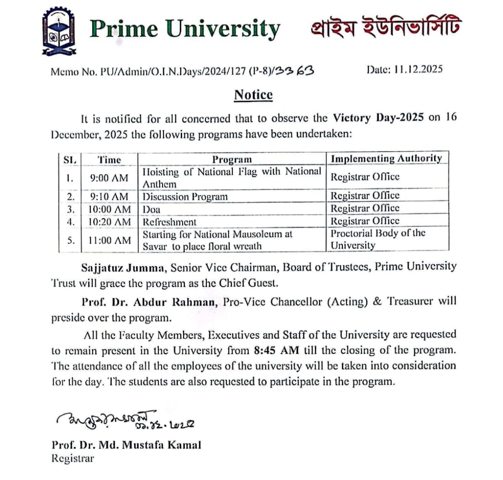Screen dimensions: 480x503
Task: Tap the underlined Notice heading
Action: pos(253,95)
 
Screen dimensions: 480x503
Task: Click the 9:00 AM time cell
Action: pos(109,178)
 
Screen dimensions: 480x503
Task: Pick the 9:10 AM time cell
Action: pos(109,196)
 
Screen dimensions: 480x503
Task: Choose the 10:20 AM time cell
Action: pos(109,222)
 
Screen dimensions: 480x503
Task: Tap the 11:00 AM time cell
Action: pos(109,240)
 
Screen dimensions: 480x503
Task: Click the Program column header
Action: pos(232,160)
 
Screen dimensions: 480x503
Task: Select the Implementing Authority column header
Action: pos(386,158)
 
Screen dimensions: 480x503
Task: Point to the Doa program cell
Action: pos(151,209)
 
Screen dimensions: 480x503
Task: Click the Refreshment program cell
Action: pos(170,222)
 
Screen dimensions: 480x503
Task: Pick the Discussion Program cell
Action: pos(185,196)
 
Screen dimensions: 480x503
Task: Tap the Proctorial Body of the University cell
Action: pos(378,239)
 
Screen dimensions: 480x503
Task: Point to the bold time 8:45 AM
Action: pos(277,348)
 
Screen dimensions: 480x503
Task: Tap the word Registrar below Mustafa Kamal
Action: pos(73,458)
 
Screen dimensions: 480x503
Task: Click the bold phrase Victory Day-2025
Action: pos(378,117)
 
